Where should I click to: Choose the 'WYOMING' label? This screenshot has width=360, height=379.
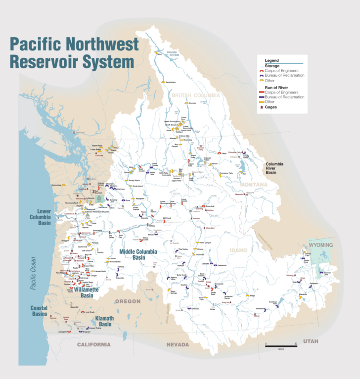pyautogui.click(x=320, y=245)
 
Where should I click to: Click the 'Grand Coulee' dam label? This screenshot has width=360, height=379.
pyautogui.click(x=154, y=165)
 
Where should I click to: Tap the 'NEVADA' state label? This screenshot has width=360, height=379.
pyautogui.click(x=177, y=344)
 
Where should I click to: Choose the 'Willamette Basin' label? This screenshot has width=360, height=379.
pyautogui.click(x=88, y=292)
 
